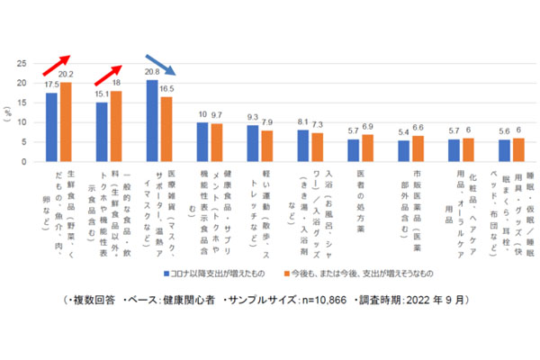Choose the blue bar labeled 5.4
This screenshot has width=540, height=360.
pyautogui.click(x=403, y=151)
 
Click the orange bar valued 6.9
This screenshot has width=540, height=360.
pyautogui.click(x=366, y=148)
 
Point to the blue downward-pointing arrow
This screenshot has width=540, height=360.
pyautogui.click(x=163, y=68)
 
